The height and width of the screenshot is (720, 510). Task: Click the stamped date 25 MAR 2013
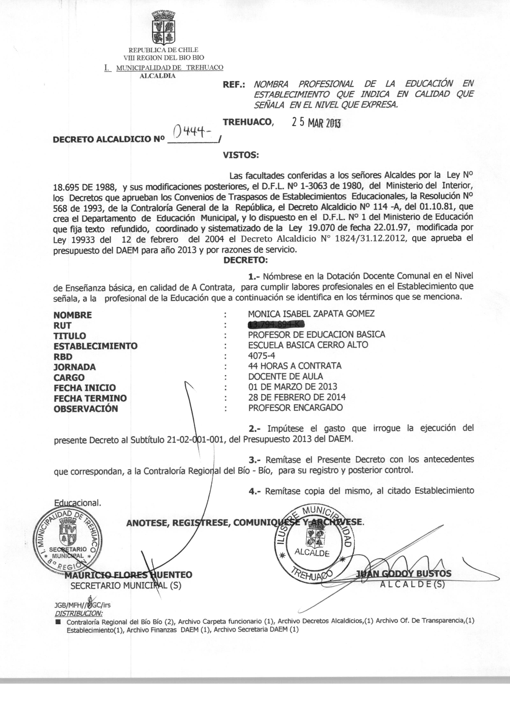click(316, 123)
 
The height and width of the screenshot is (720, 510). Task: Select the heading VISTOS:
click(241, 155)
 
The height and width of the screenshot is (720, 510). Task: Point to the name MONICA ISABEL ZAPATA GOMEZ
click(311, 314)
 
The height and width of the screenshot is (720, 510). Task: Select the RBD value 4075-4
click(262, 356)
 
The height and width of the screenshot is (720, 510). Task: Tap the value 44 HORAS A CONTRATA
click(294, 366)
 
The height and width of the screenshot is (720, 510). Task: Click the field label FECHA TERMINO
click(90, 398)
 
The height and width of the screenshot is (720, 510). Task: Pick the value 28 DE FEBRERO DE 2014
click(297, 397)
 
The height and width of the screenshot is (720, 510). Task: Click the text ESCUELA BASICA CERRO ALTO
click(308, 345)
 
